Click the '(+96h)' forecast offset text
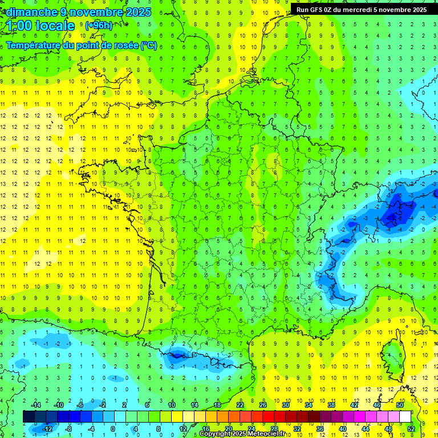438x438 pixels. (x=99, y=25)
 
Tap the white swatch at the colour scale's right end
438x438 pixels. (x=405, y=416)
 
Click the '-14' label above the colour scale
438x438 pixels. (x=35, y=405)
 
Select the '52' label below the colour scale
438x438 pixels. (x=411, y=428)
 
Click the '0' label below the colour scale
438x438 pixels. (x=113, y=428)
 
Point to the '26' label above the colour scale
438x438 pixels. (x=263, y=405)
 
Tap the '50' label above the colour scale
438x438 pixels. (x=400, y=405)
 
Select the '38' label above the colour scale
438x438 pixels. (x=331, y=405)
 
